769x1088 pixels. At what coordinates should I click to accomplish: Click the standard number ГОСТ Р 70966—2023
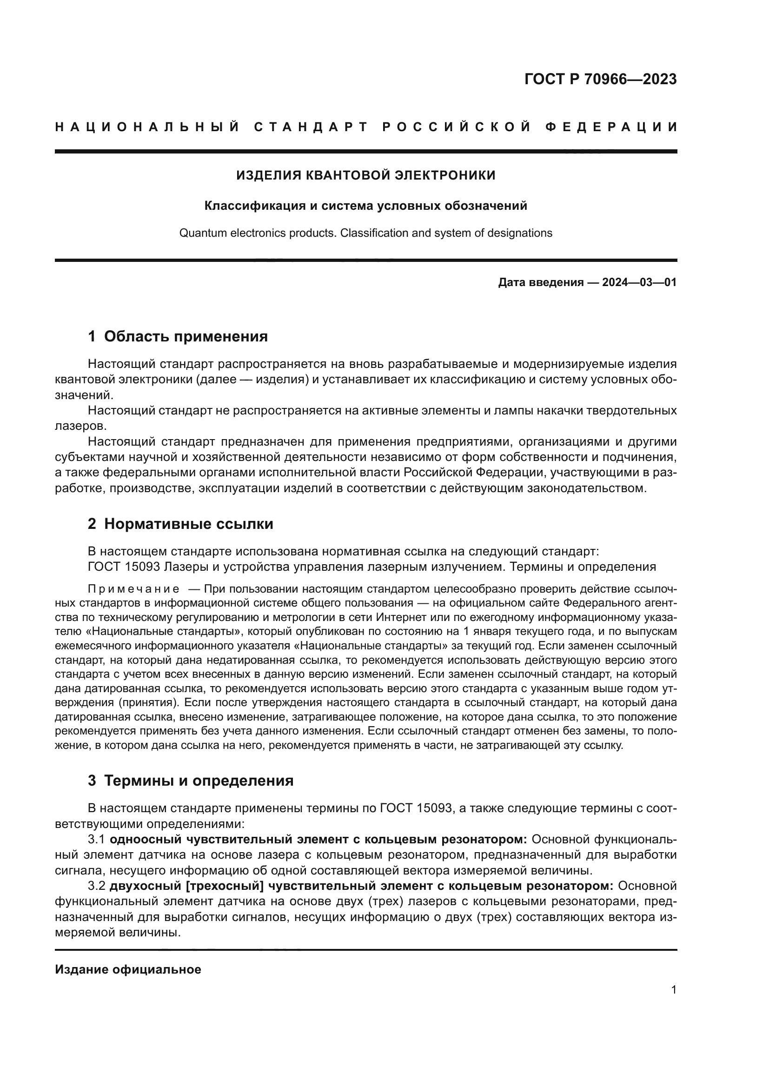600,79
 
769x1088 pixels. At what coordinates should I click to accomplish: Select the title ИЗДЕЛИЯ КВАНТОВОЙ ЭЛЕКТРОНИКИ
365,175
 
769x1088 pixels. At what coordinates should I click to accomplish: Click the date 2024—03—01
639,282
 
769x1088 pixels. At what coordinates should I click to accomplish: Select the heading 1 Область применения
178,336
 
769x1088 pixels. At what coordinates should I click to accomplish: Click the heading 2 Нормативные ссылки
180,524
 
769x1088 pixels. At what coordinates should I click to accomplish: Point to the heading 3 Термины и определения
190,781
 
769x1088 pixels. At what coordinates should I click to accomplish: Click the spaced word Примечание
133,589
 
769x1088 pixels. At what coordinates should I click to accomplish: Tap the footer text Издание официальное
128,969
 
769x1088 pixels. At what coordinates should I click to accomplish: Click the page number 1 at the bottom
673,990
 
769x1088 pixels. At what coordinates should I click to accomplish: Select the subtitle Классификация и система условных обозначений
365,206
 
